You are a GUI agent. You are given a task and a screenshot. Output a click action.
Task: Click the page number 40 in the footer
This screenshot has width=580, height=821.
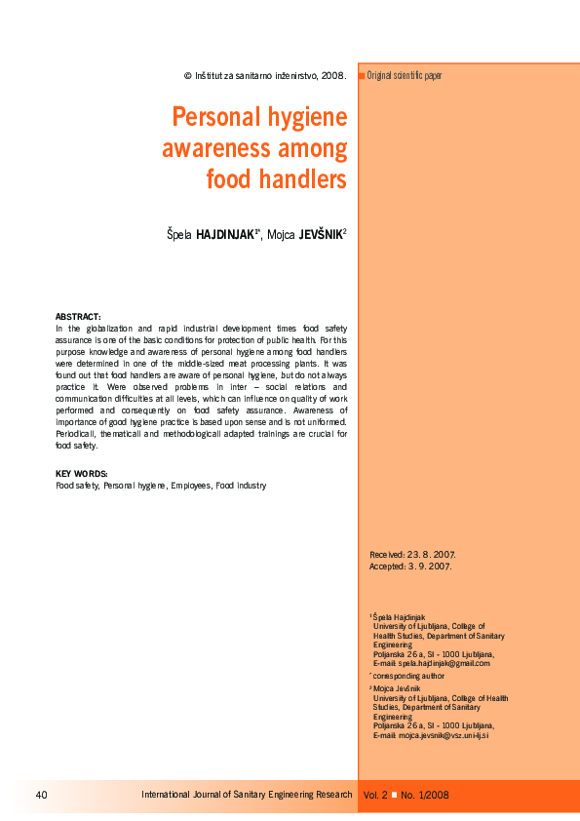(41, 795)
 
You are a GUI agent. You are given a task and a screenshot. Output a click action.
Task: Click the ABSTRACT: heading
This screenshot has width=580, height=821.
(78, 317)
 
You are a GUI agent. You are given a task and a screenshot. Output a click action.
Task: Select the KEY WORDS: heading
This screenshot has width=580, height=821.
(82, 474)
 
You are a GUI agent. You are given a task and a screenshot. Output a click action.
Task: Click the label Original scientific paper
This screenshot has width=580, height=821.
(405, 75)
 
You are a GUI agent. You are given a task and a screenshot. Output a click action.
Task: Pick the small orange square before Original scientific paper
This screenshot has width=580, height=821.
(362, 75)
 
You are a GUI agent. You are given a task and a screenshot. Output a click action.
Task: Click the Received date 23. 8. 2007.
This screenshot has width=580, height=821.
(428, 554)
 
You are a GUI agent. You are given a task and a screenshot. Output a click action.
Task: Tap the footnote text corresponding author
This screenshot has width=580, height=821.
(409, 675)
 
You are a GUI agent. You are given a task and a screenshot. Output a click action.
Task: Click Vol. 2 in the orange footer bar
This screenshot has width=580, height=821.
(375, 795)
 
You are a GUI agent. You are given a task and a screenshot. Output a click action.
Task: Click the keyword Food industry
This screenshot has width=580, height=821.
(241, 485)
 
